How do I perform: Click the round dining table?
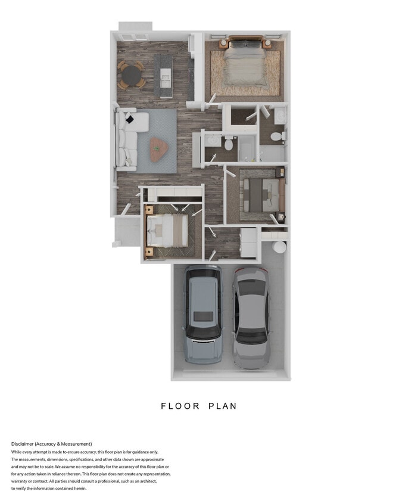130,74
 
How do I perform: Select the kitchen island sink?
165,75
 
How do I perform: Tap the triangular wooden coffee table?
158,147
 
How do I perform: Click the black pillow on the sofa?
129,119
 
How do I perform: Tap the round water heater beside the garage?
278,247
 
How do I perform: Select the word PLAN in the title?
223,406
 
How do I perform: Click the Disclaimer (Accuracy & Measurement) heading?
51,444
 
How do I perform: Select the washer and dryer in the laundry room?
248,243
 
